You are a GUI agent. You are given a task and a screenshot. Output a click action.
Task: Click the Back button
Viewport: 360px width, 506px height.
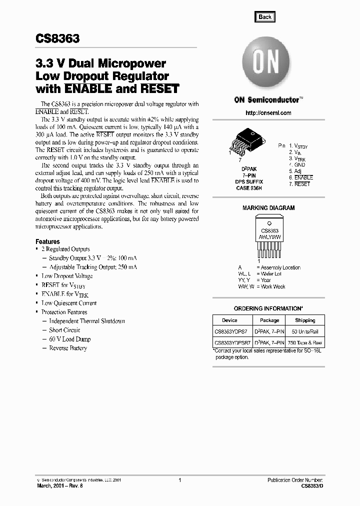(265, 17)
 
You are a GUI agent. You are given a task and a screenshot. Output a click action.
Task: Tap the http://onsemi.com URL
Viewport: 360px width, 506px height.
(268, 113)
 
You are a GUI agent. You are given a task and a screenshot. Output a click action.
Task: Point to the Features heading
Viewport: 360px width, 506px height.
(48, 241)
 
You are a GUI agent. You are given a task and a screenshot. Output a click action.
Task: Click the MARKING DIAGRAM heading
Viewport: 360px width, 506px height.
(268, 208)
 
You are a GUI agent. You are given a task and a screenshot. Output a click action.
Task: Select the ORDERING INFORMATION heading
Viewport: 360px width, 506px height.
(268, 308)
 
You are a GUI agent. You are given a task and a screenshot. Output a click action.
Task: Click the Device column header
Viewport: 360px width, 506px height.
(230, 320)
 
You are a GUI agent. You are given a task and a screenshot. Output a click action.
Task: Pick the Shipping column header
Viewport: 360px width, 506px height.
(305, 320)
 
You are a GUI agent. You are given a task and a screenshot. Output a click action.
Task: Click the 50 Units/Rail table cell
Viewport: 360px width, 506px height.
(305, 332)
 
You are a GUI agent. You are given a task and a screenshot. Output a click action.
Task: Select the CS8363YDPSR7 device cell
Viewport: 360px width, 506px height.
(231, 343)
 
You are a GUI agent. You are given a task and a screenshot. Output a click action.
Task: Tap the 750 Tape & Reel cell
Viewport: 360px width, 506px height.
(305, 343)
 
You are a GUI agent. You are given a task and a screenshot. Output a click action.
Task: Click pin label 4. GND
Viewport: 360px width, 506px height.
(296, 164)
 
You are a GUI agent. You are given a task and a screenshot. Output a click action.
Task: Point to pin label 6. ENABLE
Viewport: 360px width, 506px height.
(300, 177)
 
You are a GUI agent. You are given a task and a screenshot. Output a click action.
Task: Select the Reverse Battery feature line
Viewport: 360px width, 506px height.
(68, 348)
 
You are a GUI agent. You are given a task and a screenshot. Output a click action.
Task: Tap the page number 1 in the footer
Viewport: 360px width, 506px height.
(179, 480)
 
